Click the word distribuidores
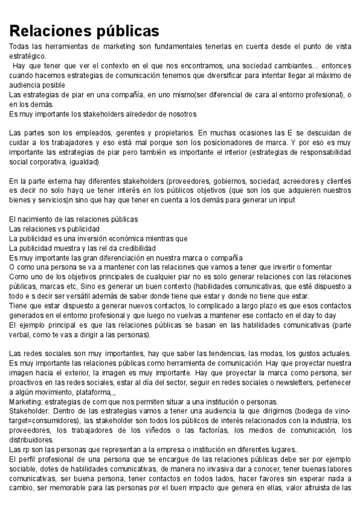(32, 439)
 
